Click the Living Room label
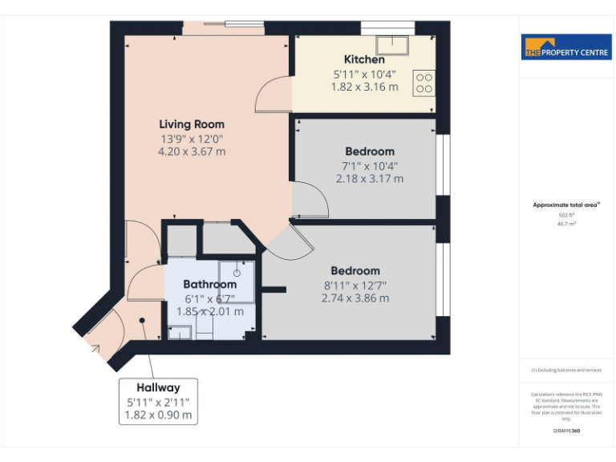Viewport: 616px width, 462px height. (x=192, y=124)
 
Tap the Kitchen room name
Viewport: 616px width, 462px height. (x=364, y=59)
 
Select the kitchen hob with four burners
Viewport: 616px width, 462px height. (x=423, y=83)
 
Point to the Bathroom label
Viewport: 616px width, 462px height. (x=209, y=284)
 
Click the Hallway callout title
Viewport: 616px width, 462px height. (x=158, y=387)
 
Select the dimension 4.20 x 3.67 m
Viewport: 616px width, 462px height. (x=192, y=151)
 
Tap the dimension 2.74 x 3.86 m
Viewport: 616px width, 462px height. (x=355, y=298)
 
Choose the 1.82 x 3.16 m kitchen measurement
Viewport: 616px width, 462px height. (x=364, y=87)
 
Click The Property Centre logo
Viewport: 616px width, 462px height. (x=566, y=47)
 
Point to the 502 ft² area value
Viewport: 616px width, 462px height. (x=567, y=215)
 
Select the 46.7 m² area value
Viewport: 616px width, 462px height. (x=567, y=224)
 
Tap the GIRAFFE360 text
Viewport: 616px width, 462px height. (x=566, y=431)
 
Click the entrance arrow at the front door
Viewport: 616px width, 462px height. (x=97, y=348)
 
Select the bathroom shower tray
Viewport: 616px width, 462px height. (x=237, y=281)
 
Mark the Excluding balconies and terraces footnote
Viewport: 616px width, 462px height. (x=566, y=370)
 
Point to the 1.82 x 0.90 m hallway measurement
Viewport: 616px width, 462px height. (x=158, y=415)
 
